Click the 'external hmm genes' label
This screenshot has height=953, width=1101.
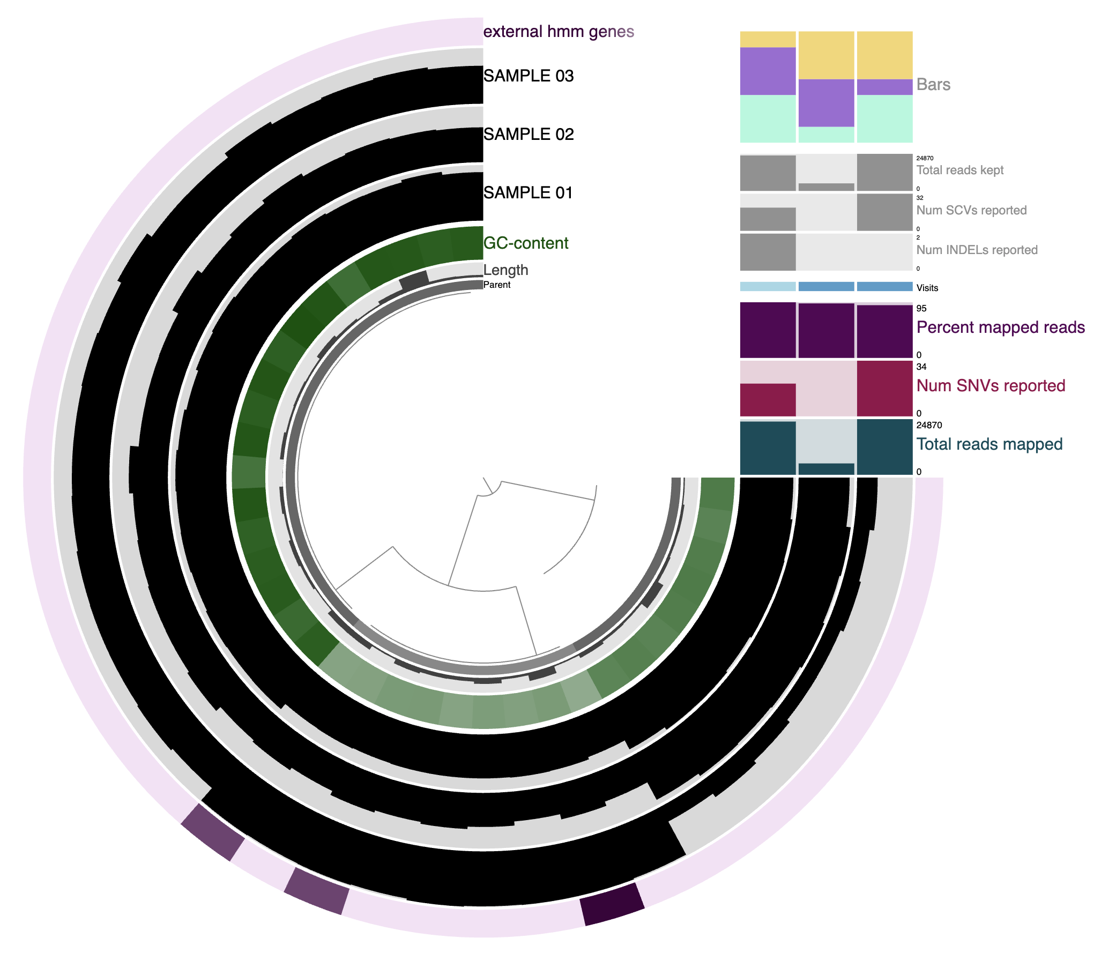pos(559,32)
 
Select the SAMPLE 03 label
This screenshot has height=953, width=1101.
pos(529,76)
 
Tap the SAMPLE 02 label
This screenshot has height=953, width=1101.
pos(529,134)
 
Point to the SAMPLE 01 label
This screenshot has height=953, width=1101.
pos(529,192)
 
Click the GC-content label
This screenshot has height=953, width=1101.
pos(525,243)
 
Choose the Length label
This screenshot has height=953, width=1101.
pos(505,270)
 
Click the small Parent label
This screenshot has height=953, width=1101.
pos(497,285)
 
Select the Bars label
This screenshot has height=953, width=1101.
pos(933,84)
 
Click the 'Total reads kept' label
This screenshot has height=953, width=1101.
pos(959,170)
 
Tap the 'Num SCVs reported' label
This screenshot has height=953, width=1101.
pos(971,210)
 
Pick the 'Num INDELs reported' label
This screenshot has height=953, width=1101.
pos(977,250)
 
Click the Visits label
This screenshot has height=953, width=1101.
pos(927,288)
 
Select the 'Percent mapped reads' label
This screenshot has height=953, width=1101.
pos(1000,327)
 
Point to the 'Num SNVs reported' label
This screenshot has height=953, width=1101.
pos(991,385)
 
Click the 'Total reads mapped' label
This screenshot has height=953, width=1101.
pos(989,444)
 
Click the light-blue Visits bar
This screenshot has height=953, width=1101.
pos(768,287)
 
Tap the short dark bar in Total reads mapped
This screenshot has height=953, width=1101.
pos(826,468)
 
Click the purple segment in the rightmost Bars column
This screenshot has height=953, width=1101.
pos(884,87)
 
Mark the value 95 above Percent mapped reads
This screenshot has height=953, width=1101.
pos(921,308)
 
